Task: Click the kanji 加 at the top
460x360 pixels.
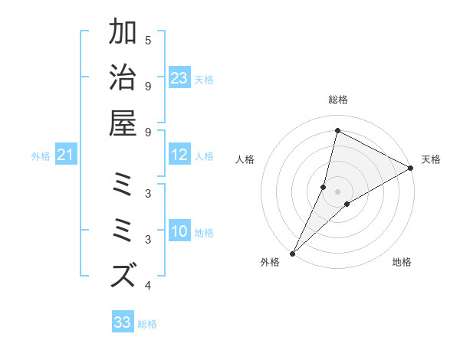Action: (x=123, y=33)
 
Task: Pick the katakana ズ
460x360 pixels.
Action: (x=123, y=275)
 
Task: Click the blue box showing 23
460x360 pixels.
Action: (x=179, y=78)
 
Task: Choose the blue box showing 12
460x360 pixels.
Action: (x=179, y=155)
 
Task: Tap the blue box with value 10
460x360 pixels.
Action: (x=179, y=232)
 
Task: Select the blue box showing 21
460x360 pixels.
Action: (x=65, y=155)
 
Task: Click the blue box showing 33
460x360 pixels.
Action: (x=123, y=322)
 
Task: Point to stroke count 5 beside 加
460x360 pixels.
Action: (x=148, y=40)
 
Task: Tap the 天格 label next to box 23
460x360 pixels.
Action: (x=204, y=79)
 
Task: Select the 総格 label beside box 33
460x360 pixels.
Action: (x=147, y=324)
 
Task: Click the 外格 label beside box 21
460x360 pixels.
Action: (x=41, y=156)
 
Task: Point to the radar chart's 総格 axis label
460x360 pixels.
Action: (x=338, y=100)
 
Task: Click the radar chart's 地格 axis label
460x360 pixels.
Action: (x=402, y=262)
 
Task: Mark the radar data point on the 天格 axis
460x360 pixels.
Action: (x=410, y=169)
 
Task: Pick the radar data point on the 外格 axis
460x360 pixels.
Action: (x=292, y=254)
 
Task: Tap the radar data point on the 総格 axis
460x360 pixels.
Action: (x=337, y=131)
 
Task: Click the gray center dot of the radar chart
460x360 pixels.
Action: (x=337, y=191)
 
